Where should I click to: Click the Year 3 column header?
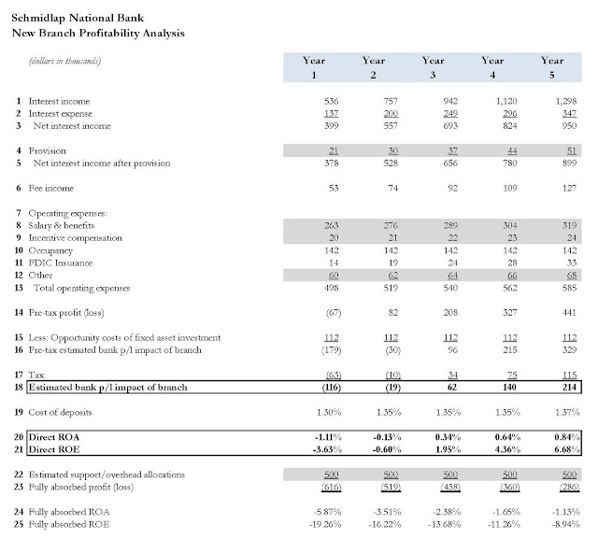(433, 66)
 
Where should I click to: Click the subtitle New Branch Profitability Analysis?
(98, 33)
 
